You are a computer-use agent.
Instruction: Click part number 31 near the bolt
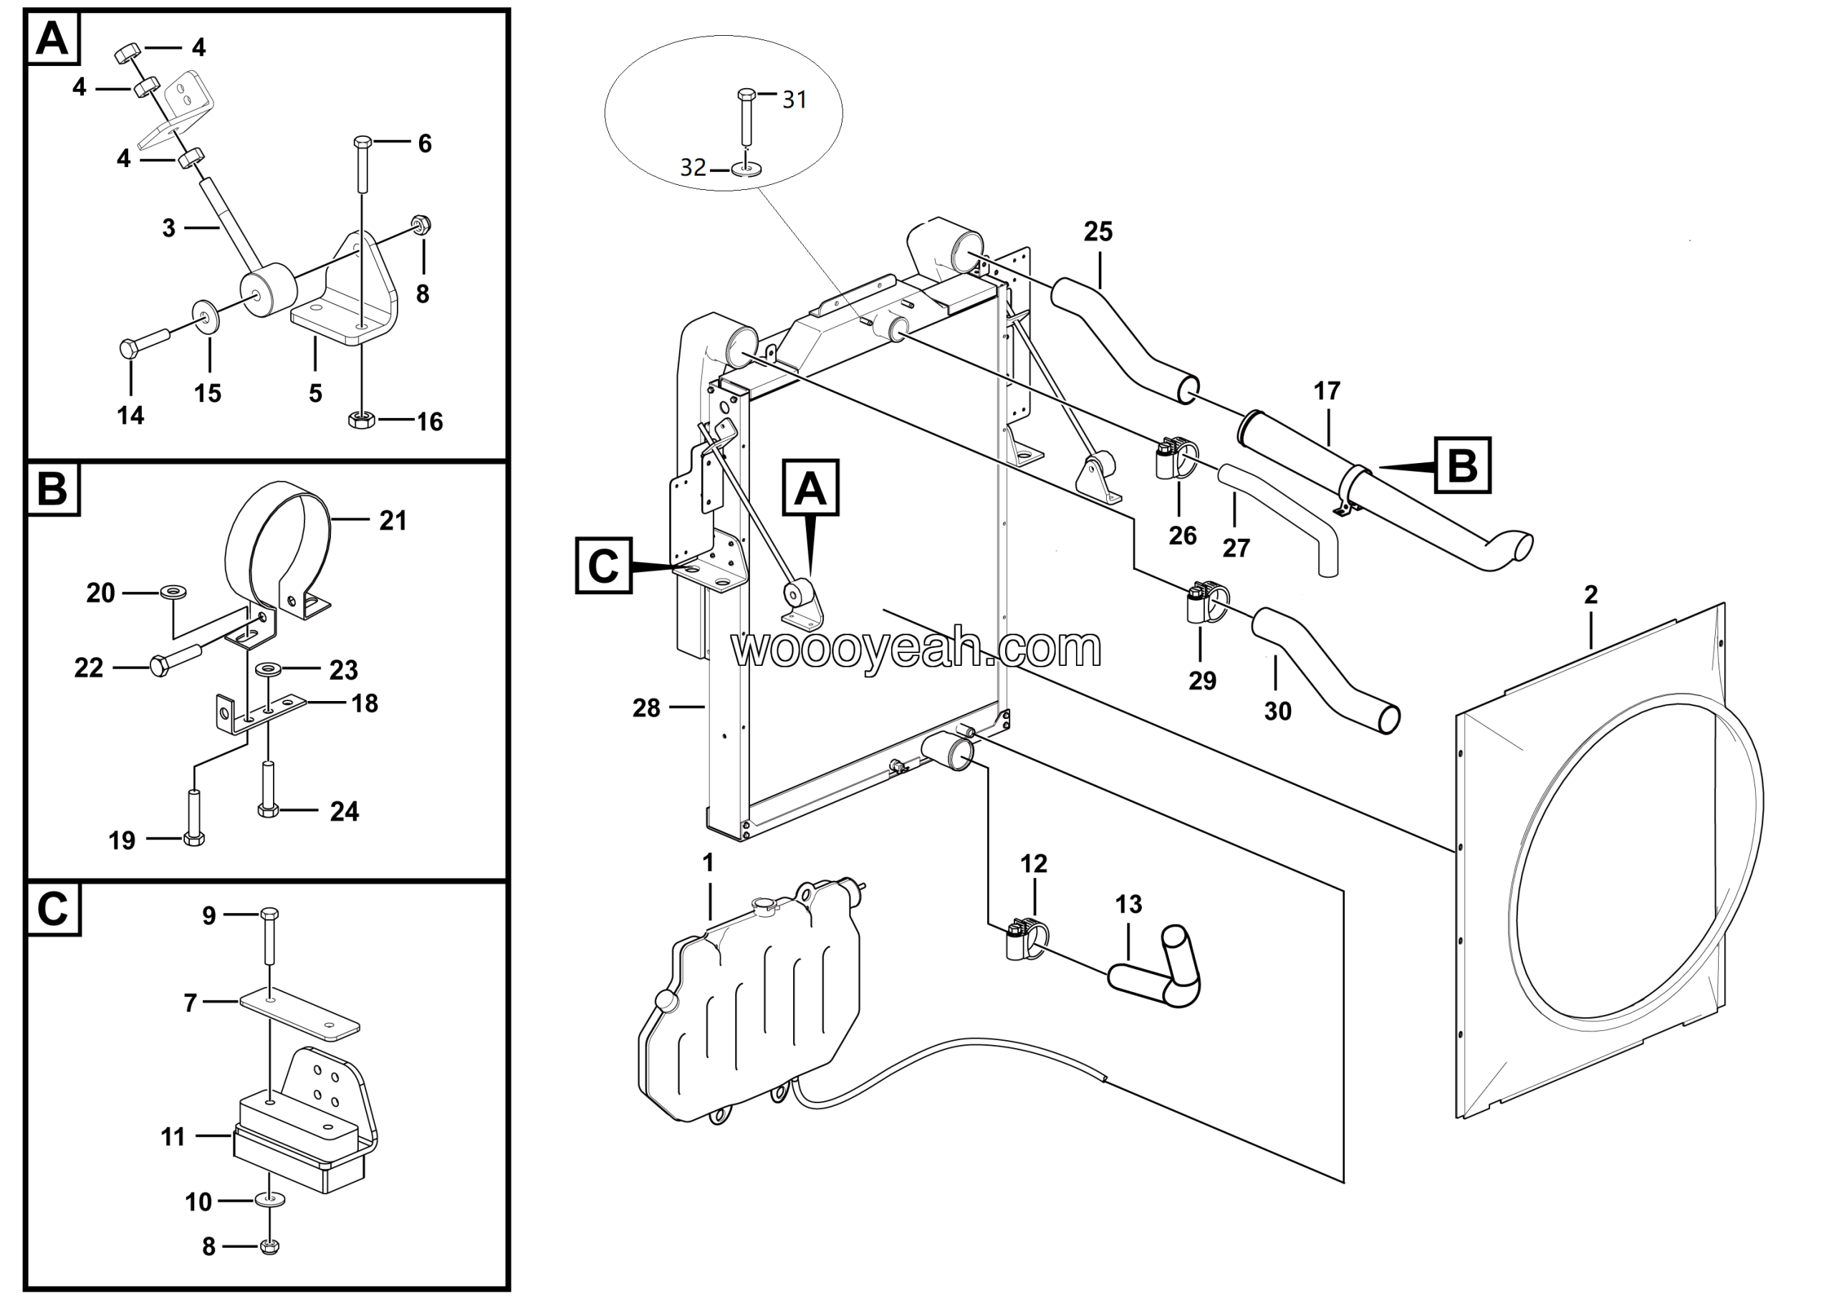(x=794, y=100)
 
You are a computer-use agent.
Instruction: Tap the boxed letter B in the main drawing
(x=1463, y=465)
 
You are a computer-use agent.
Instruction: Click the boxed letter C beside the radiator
(x=603, y=566)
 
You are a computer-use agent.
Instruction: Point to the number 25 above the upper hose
(x=1098, y=232)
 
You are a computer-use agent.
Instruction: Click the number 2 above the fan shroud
(x=1590, y=594)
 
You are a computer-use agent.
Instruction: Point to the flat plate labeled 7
(x=299, y=1014)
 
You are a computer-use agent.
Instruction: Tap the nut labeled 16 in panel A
(x=361, y=419)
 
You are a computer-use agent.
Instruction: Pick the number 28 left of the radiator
(x=645, y=708)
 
